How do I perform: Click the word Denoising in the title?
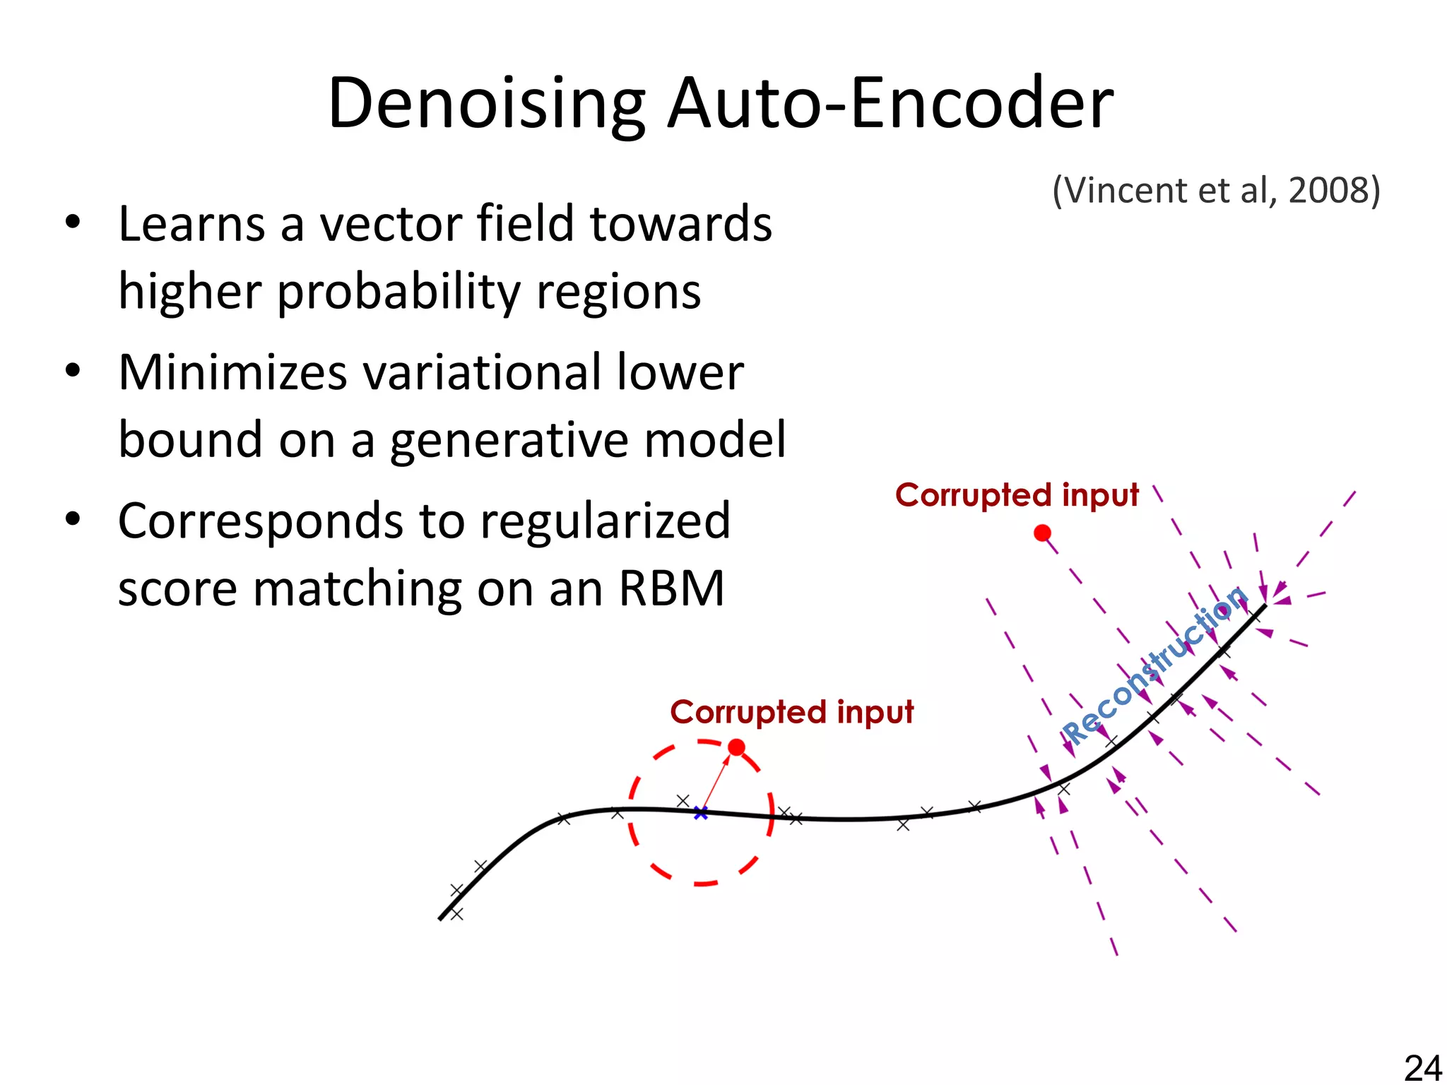pyautogui.click(x=486, y=104)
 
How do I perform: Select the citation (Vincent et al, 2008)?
pyautogui.click(x=1216, y=191)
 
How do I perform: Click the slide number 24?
pyautogui.click(x=1422, y=1067)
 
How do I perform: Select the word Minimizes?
pyautogui.click(x=233, y=372)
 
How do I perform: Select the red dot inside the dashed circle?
pyautogui.click(x=736, y=747)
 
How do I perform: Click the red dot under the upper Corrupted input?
pyautogui.click(x=1042, y=533)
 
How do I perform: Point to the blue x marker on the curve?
pyautogui.click(x=700, y=814)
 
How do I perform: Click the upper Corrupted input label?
pyautogui.click(x=1017, y=495)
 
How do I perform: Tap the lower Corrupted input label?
pyautogui.click(x=791, y=712)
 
